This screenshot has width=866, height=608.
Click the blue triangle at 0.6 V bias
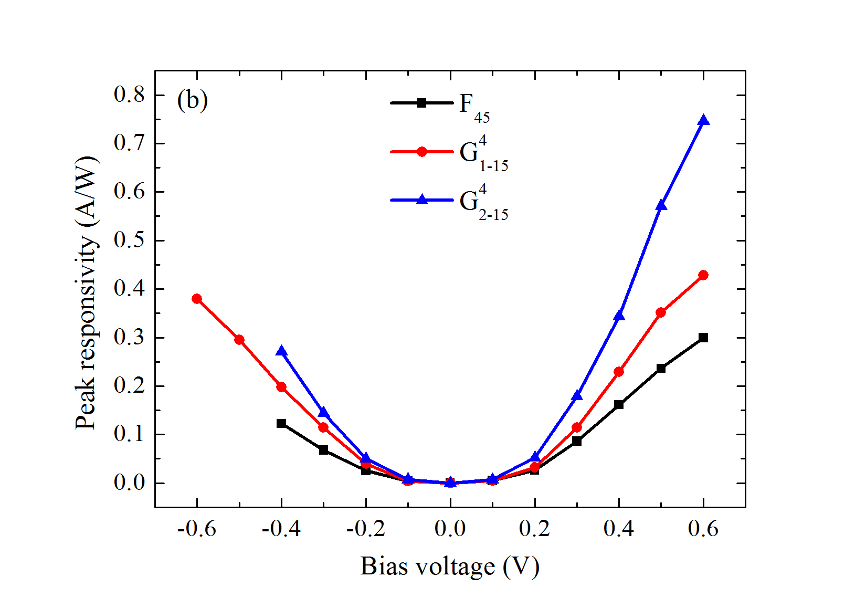(703, 121)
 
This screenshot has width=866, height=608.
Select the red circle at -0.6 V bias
(197, 299)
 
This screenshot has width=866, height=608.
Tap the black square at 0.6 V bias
(703, 338)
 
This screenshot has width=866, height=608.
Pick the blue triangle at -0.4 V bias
(281, 351)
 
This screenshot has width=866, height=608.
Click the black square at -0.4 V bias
(281, 423)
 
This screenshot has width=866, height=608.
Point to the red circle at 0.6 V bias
(703, 275)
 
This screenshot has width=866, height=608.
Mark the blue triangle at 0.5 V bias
(661, 205)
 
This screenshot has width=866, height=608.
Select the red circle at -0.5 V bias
(239, 340)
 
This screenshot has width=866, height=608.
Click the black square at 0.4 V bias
(619, 404)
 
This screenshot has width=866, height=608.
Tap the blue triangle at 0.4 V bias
(619, 316)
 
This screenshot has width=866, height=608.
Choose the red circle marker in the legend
(421, 152)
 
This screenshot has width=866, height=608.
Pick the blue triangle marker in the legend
(421, 200)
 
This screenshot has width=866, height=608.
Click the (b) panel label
(193, 100)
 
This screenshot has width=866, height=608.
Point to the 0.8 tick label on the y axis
(129, 95)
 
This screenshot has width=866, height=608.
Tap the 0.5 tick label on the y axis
(129, 240)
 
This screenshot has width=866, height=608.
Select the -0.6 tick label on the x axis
(197, 528)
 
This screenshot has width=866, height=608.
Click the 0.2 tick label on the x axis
(534, 528)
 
